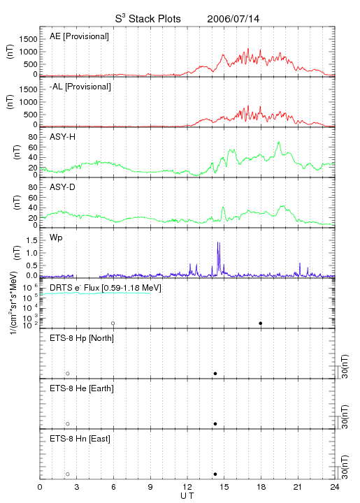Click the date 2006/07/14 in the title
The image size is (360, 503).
click(233, 19)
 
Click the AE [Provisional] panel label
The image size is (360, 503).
click(79, 36)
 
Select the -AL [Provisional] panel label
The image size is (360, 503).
click(80, 87)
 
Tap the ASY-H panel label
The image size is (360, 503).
click(63, 137)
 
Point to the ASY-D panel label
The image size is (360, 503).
click(63, 187)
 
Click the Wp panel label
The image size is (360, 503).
click(56, 238)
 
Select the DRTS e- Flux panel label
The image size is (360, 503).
click(106, 288)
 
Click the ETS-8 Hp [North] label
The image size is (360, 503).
click(82, 338)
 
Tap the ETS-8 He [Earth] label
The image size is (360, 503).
click(82, 388)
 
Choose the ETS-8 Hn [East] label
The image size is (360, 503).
click(80, 439)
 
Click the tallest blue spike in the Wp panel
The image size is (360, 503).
click(218, 242)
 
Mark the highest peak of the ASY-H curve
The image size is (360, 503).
click(279, 142)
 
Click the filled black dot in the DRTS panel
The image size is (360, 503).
click(261, 323)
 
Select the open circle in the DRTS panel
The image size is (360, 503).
click(113, 323)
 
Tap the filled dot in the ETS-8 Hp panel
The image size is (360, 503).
click(215, 373)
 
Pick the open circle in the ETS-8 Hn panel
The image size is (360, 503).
click(68, 474)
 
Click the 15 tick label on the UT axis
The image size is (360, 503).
click(224, 488)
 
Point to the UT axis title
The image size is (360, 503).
click(187, 496)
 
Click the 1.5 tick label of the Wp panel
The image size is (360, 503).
click(31, 240)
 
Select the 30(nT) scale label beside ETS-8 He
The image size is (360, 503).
click(345, 416)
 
